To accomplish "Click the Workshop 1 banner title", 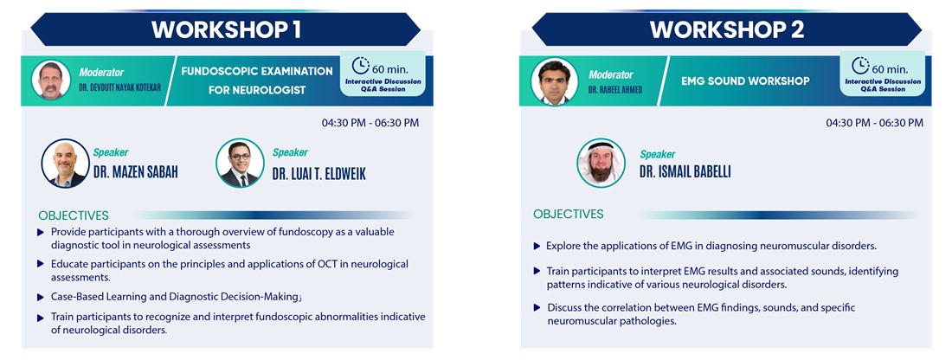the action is pos(226,29).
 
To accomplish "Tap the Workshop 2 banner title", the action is pos(727,29).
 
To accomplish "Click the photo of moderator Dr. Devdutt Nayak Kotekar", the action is pos(51,80).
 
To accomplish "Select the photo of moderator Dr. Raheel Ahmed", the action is pos(554,81).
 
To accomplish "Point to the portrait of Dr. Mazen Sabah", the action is pos(65,164).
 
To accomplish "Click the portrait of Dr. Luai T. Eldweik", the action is pos(240,163).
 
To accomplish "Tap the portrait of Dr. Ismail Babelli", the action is pos(601,163).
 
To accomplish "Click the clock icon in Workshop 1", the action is pos(361,66).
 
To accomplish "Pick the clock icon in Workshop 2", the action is pos(860,66).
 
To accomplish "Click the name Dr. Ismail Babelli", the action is pos(685,172).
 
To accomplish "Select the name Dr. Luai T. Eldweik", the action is pos(318,175).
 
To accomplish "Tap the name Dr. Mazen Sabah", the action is pos(135,173).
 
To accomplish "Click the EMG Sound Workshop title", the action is pos(745,80).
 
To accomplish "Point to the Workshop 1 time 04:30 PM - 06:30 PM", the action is pos(370,123).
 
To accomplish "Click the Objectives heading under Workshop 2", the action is pos(569,215).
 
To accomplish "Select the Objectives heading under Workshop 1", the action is pos(74,215).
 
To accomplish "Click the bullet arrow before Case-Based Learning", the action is pos(41,298).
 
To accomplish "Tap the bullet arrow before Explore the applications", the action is pos(537,247).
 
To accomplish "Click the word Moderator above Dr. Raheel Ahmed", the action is pos(611,74).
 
